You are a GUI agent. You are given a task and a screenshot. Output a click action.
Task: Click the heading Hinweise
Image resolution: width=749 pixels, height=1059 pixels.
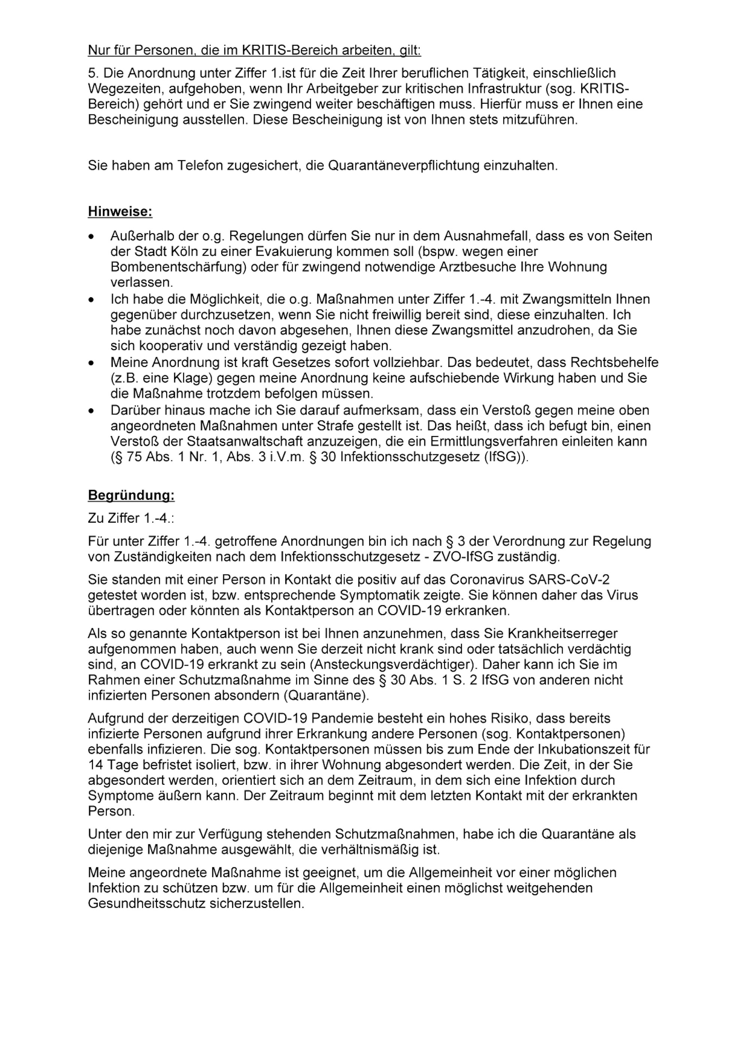tap(120, 212)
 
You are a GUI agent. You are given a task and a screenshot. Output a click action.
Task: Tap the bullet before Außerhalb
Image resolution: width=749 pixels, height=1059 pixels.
tap(92, 237)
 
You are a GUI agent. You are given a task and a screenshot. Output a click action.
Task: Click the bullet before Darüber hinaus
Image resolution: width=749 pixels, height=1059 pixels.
tap(92, 411)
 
